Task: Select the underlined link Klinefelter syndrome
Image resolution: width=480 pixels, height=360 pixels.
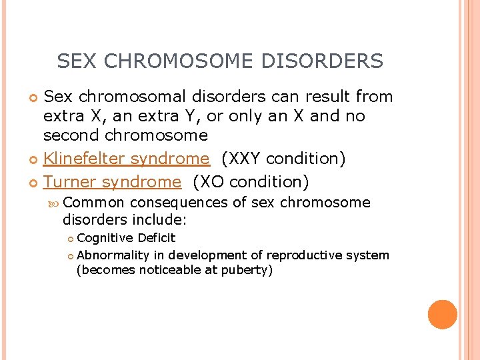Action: (x=126, y=159)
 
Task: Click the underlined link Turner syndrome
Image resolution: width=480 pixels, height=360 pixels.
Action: (x=112, y=181)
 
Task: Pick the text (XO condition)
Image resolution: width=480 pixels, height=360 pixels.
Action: (x=251, y=181)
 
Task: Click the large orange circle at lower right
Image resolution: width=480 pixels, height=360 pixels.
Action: (x=442, y=315)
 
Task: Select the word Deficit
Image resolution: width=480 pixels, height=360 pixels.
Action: (x=157, y=238)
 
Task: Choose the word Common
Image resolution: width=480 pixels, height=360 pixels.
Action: (x=95, y=203)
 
